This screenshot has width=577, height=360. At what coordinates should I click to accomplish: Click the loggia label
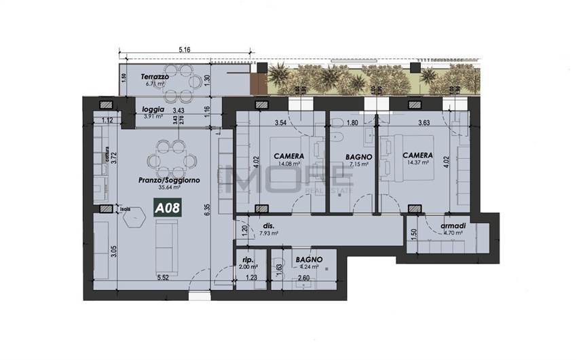[x=152, y=109]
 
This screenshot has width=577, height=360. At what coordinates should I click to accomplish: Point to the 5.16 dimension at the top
[x=184, y=50]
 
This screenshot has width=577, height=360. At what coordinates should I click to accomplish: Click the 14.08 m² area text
[x=287, y=163]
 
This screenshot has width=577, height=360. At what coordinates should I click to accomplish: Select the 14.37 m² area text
[x=415, y=163]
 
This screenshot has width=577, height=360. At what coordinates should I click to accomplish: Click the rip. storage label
[x=248, y=259]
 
